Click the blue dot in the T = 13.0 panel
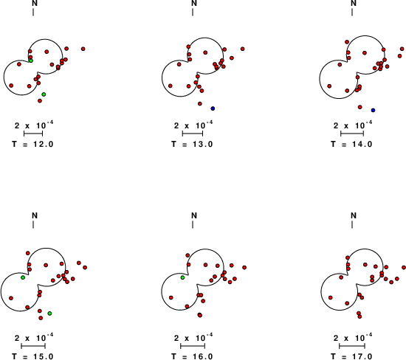(213, 108)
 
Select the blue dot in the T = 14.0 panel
(373, 110)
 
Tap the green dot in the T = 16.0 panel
(182, 277)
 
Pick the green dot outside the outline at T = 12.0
(44, 94)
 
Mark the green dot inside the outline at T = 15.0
(23, 277)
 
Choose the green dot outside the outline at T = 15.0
(49, 314)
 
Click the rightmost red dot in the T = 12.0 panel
(83, 49)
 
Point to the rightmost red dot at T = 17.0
(404, 267)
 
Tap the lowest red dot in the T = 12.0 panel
(40, 100)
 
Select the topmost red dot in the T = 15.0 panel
(28, 253)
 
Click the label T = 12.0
(32, 144)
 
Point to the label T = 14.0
(351, 144)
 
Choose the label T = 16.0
(192, 356)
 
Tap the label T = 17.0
(351, 356)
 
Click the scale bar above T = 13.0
(193, 134)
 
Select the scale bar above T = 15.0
(33, 346)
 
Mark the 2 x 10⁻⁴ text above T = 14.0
(353, 125)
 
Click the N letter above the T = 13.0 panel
(194, 4)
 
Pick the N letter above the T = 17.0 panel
(354, 215)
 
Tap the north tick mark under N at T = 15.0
(33, 225)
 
